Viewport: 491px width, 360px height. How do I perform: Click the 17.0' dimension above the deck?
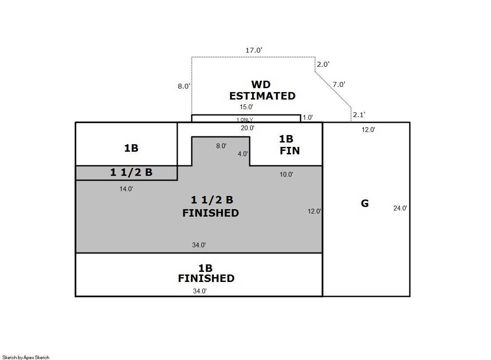(254, 50)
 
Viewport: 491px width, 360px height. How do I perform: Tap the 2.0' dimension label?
(323, 64)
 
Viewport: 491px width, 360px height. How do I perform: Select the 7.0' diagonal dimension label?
(338, 84)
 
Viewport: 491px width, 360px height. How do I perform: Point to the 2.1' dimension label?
(359, 114)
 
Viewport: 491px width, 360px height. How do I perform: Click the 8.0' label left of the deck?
(184, 86)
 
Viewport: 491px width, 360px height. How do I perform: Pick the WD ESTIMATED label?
(262, 90)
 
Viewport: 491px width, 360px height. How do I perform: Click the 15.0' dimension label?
(247, 107)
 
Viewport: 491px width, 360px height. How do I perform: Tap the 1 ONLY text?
(244, 120)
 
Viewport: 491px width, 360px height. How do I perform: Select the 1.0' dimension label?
(308, 118)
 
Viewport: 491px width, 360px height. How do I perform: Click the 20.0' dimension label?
(247, 128)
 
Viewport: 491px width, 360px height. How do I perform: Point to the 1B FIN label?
(289, 145)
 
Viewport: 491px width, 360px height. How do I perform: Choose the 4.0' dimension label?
(243, 154)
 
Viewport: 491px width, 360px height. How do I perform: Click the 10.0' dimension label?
(286, 175)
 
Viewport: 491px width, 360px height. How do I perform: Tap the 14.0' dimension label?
(126, 189)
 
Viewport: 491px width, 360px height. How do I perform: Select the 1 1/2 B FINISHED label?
(211, 206)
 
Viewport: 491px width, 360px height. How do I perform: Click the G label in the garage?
(365, 203)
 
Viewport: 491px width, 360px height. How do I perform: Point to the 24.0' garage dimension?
(400, 208)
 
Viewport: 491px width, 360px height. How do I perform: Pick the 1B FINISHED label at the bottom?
(206, 273)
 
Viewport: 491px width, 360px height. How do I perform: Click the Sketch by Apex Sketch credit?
(26, 357)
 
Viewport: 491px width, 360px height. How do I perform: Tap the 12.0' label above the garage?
(368, 130)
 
